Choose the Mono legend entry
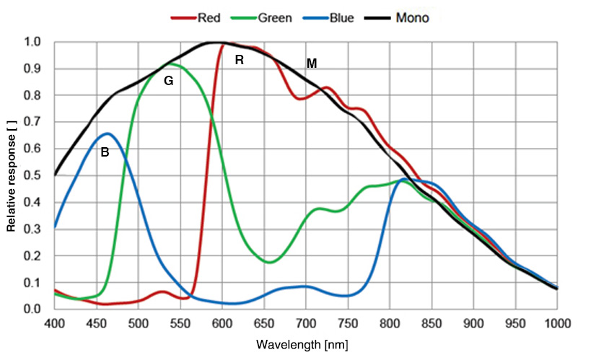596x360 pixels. [x=411, y=17]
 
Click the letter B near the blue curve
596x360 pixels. [x=105, y=152]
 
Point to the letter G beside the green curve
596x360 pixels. [x=168, y=82]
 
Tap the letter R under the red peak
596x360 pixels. [x=240, y=61]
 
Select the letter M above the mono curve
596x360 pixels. [x=312, y=63]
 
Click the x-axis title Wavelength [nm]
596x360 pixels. [x=306, y=345]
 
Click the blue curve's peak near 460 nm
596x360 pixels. [x=108, y=133]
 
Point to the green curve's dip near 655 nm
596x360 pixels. [x=269, y=263]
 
